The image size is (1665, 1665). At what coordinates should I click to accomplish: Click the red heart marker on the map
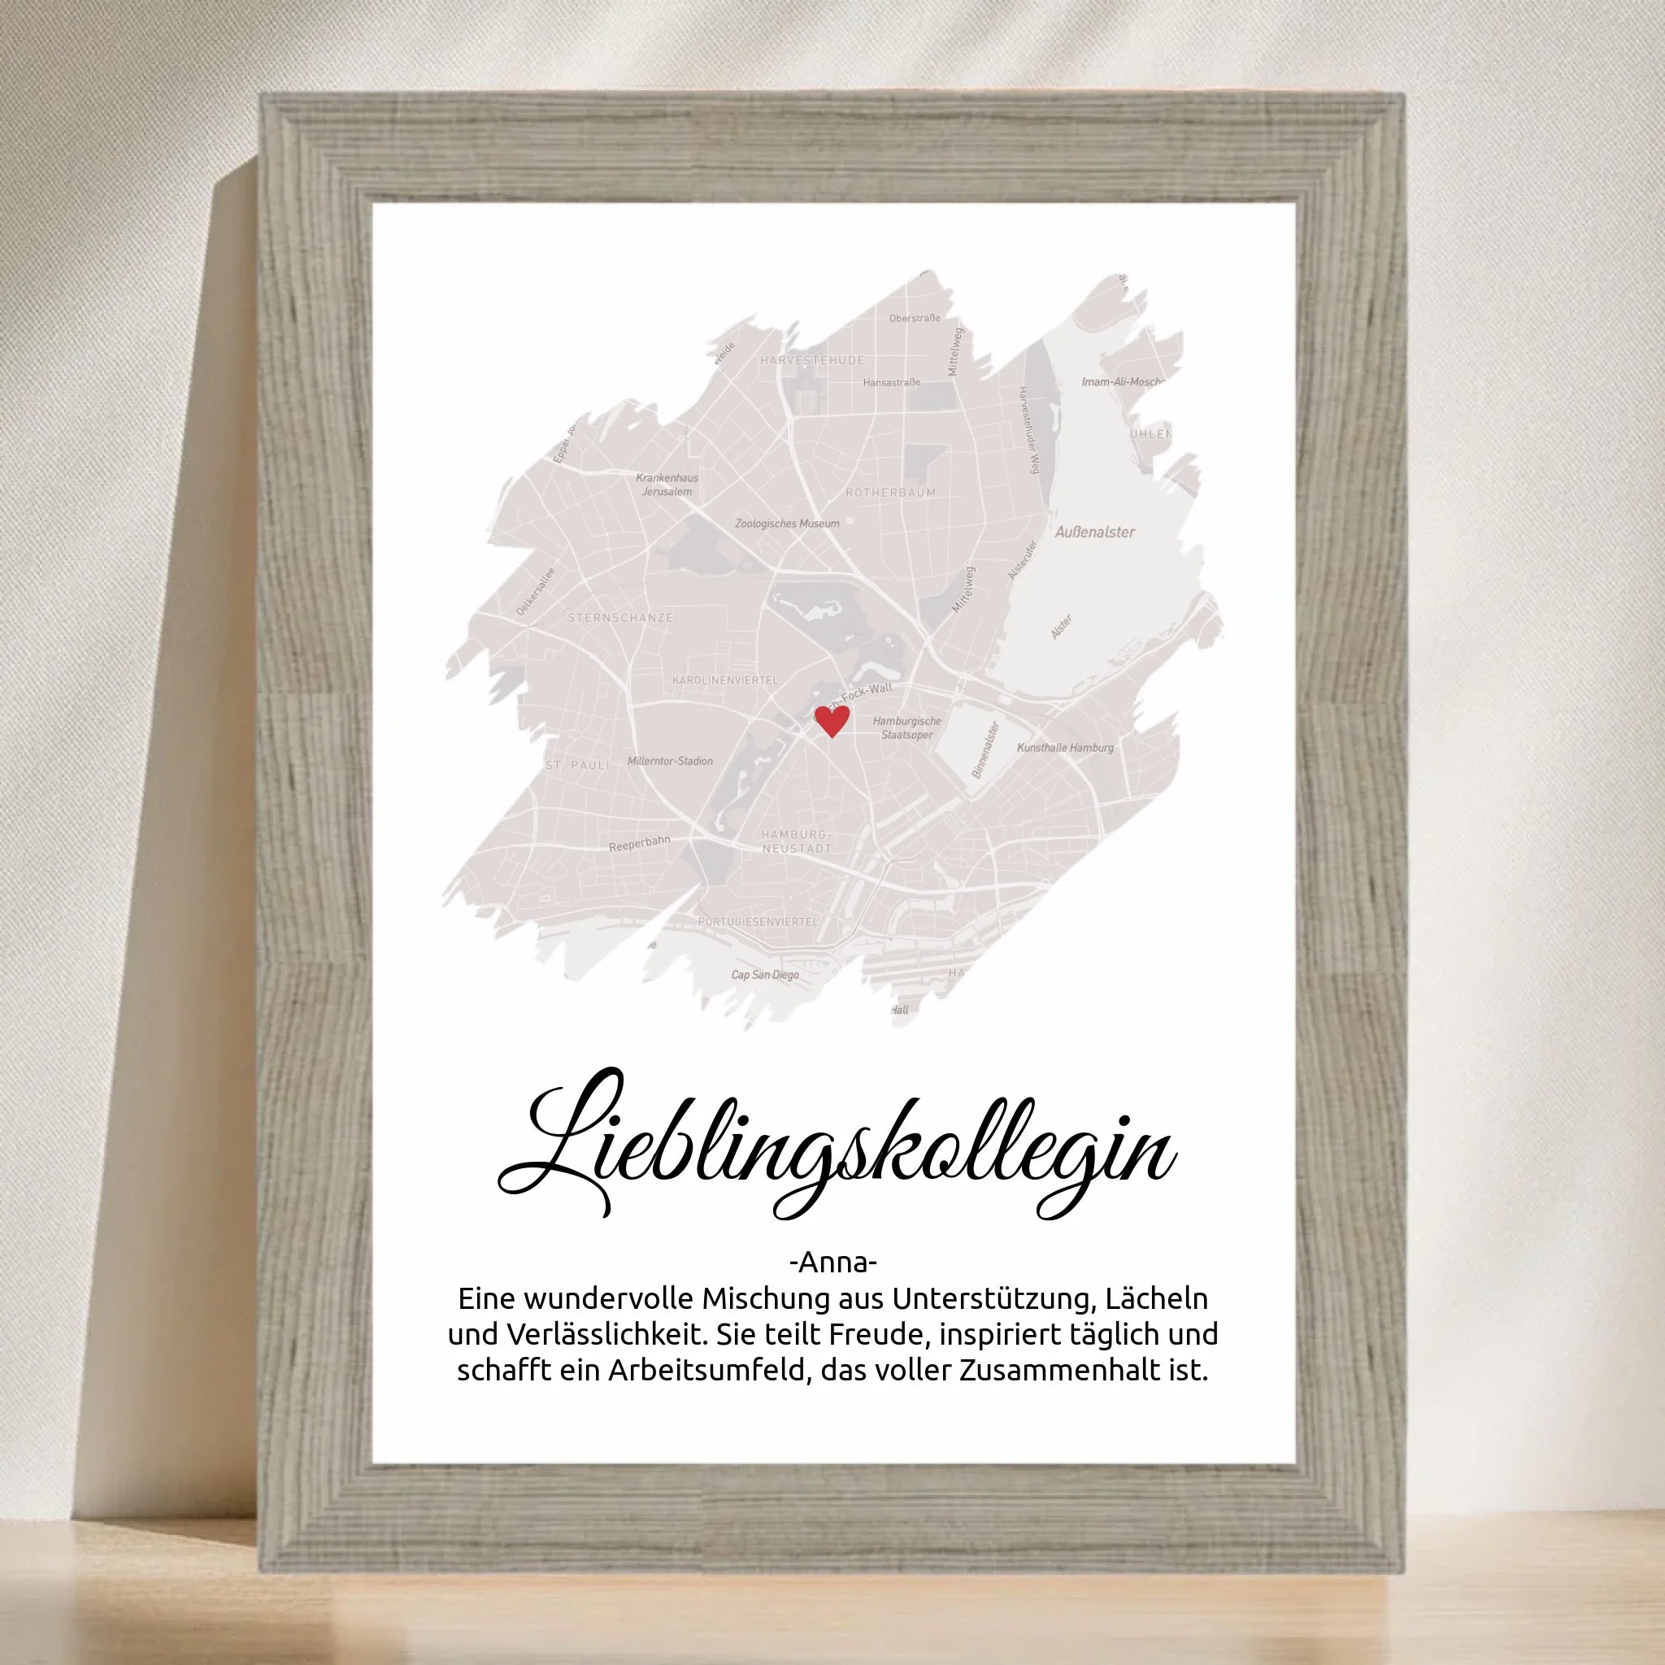point(832,719)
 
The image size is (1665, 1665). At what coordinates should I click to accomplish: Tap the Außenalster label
point(1094,532)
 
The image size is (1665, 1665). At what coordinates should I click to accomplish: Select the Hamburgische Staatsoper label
point(906,728)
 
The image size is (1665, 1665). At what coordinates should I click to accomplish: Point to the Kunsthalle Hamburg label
point(1065,747)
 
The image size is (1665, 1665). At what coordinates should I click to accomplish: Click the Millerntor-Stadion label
point(670,761)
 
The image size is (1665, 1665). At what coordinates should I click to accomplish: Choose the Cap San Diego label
point(764,975)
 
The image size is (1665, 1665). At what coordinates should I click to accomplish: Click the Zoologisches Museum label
point(787,523)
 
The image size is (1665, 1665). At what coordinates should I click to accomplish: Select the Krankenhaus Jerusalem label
point(667,485)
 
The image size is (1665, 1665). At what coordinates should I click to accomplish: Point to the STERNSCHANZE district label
point(619,618)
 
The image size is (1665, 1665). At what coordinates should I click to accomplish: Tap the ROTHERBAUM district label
point(890,493)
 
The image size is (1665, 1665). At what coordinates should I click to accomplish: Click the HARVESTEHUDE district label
point(812,360)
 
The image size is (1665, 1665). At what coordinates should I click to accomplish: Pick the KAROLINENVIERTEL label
point(724,680)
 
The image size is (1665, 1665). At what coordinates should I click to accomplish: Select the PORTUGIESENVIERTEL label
point(758,921)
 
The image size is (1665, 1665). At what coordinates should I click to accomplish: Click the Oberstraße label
point(915,318)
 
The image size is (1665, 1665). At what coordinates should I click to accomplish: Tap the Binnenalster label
point(985,750)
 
